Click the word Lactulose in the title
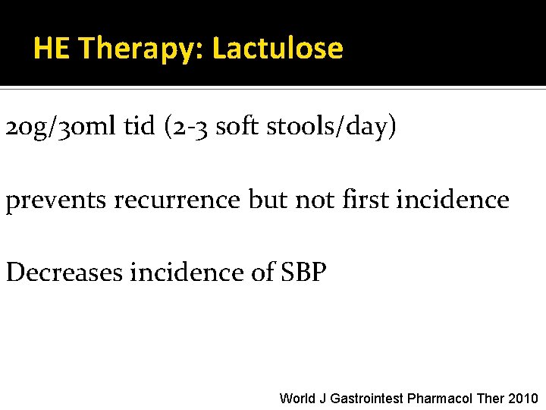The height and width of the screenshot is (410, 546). [x=278, y=49]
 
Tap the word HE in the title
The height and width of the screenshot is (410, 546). [x=52, y=49]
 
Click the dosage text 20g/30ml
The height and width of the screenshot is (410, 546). [x=61, y=128]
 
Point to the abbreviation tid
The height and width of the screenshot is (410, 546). [x=138, y=128]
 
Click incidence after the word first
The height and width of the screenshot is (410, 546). [x=458, y=200]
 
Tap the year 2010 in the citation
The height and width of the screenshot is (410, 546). [x=522, y=398]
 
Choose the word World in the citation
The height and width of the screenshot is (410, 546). [x=297, y=398]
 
